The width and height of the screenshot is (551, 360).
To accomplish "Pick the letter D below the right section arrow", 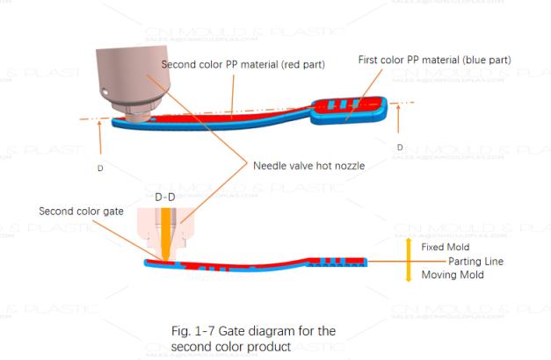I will (400, 148).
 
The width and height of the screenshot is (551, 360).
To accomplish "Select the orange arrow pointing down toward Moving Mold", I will (409, 275).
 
